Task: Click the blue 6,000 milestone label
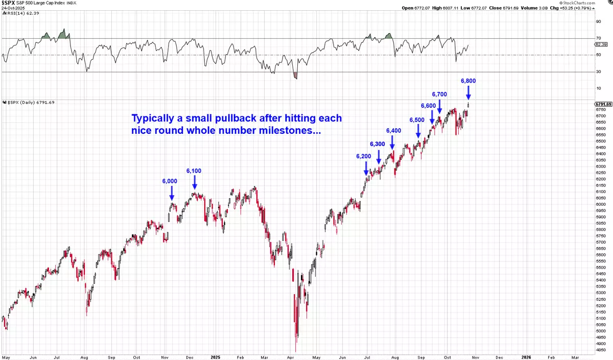170,181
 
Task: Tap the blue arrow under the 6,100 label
194,183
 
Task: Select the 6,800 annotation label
468,81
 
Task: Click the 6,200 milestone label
364,156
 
